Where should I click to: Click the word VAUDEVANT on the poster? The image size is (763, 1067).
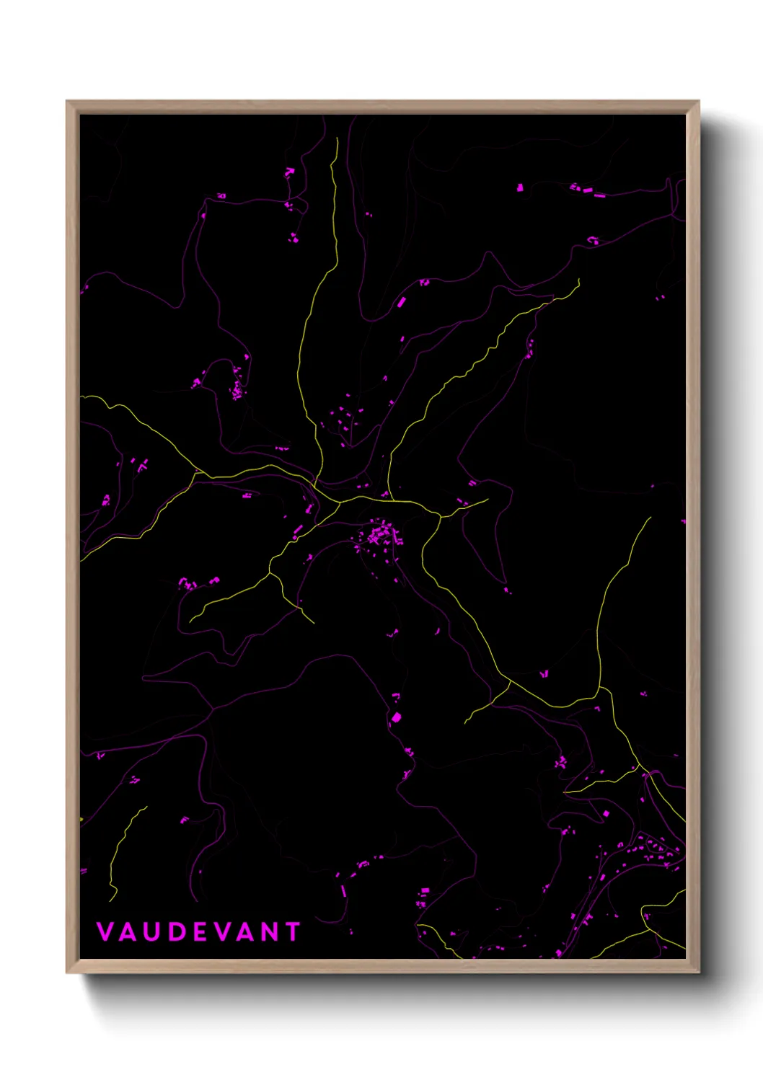pyautogui.click(x=198, y=931)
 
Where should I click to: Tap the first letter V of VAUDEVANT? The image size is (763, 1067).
pyautogui.click(x=105, y=931)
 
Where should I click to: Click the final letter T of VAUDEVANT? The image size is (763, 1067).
pyautogui.click(x=292, y=931)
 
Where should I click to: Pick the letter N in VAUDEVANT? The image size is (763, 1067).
pyautogui.click(x=270, y=931)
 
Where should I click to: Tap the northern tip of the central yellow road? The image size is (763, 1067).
pyautogui.click(x=337, y=139)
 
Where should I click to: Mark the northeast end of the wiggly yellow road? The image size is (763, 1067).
pyautogui.click(x=578, y=280)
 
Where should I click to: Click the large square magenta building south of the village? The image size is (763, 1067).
pyautogui.click(x=395, y=717)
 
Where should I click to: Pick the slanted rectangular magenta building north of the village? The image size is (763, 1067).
pyautogui.click(x=401, y=302)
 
